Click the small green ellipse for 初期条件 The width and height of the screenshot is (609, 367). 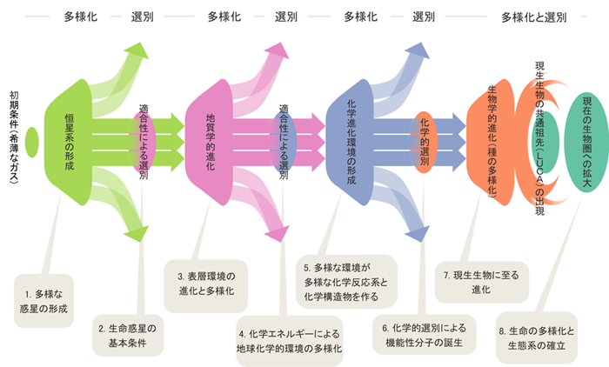click(x=33, y=141)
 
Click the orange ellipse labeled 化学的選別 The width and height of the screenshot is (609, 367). click(x=424, y=139)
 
